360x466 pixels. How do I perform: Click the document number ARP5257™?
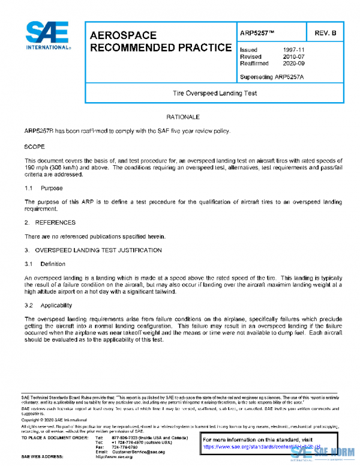click(x=256, y=33)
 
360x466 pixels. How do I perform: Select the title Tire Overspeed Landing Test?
click(x=214, y=93)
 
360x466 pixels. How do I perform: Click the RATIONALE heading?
click(x=182, y=116)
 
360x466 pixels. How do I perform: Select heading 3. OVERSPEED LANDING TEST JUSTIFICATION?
click(x=93, y=249)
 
